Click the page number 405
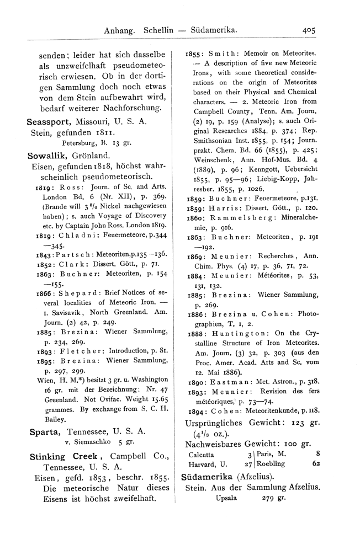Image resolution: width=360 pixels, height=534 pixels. tap(305, 31)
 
